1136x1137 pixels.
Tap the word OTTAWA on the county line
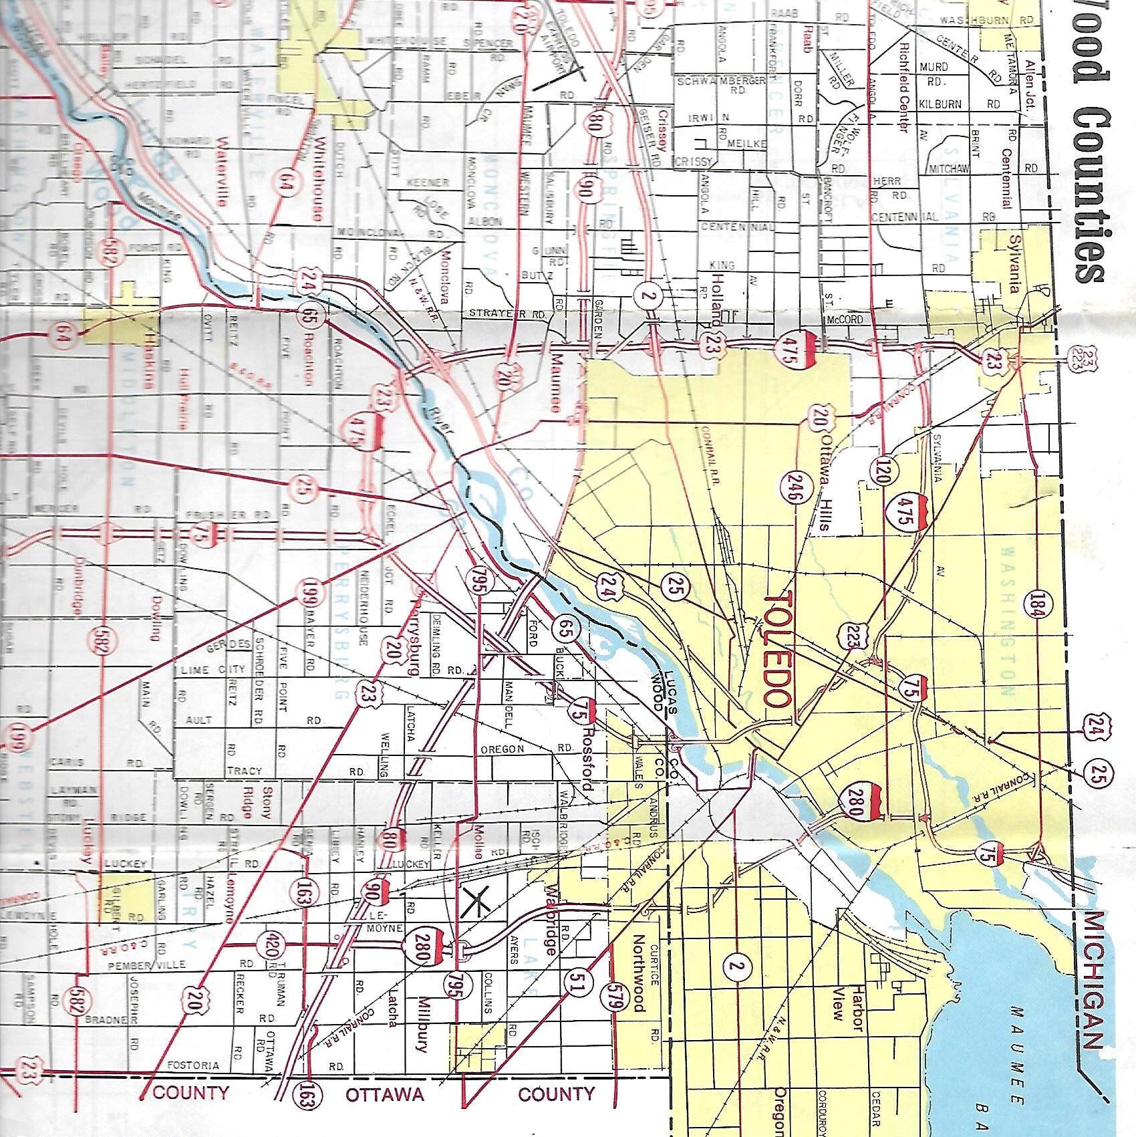point(384,1094)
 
